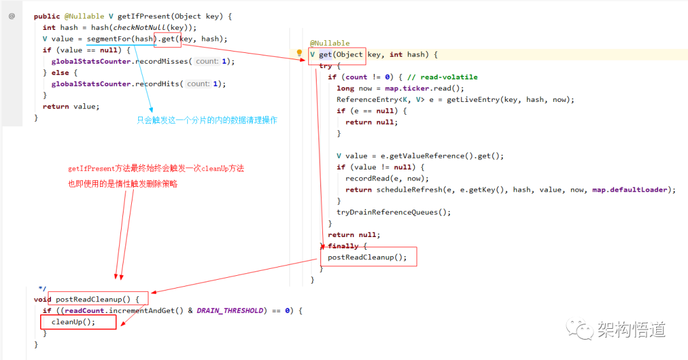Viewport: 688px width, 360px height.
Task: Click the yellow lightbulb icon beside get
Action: coord(299,54)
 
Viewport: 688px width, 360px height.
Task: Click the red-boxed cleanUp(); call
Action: coord(73,322)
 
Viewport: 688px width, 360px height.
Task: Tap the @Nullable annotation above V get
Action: coord(330,43)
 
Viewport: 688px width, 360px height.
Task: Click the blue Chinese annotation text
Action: coord(207,120)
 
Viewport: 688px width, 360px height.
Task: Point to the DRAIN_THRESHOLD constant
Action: coord(229,310)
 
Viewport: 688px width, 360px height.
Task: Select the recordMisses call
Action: coord(162,61)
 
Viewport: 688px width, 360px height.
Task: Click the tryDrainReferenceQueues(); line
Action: coord(394,212)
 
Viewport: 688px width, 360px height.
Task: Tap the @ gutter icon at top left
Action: coord(11,16)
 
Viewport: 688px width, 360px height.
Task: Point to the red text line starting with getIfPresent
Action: coord(156,169)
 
